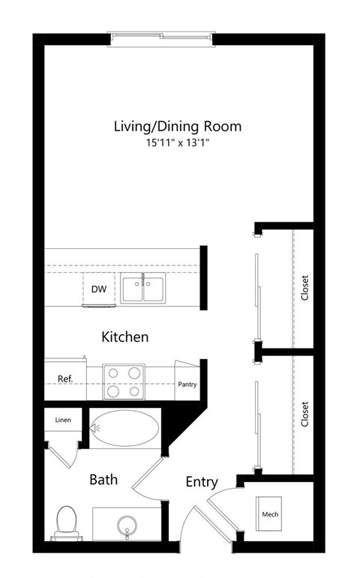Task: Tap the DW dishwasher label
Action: (x=98, y=289)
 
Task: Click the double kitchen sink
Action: (x=144, y=289)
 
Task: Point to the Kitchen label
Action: (x=124, y=337)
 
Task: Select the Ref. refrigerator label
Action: (x=65, y=379)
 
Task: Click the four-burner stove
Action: (x=123, y=381)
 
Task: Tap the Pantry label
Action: (x=187, y=385)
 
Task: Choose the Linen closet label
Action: (x=63, y=420)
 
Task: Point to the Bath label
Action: (x=103, y=480)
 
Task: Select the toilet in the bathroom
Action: (x=66, y=522)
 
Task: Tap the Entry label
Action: (x=202, y=482)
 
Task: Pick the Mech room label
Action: (x=270, y=515)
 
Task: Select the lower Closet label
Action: (x=304, y=413)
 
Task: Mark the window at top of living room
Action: (x=163, y=35)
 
